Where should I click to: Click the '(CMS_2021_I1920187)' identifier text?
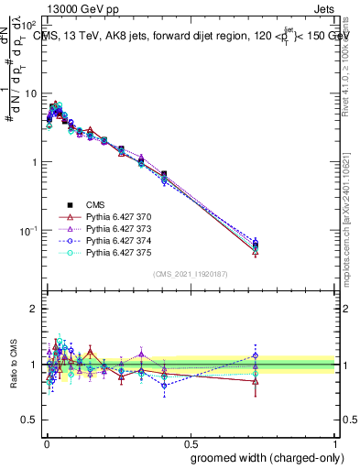[x=190, y=272]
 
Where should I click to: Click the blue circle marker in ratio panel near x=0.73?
[x=256, y=355]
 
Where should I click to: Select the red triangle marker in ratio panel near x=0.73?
[x=256, y=380]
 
